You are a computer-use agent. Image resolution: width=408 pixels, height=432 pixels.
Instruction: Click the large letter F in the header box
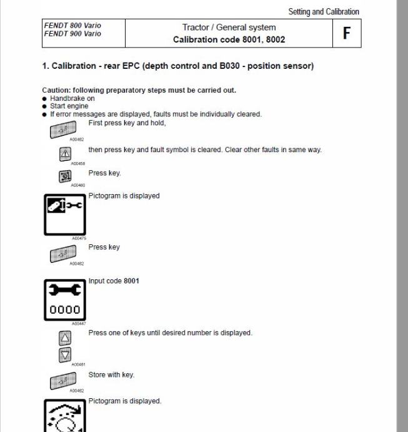pyautogui.click(x=346, y=33)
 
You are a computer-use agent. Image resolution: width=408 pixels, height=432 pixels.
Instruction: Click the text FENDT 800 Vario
pyautogui.click(x=72, y=26)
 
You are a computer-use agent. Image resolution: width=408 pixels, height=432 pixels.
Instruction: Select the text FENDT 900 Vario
pyautogui.click(x=72, y=34)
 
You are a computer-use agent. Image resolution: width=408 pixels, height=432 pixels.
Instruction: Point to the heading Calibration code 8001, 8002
pyautogui.click(x=229, y=39)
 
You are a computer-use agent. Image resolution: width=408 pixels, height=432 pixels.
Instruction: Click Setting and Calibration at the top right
pyautogui.click(x=324, y=11)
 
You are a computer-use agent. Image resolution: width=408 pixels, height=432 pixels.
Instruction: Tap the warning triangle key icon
pyautogui.click(x=65, y=154)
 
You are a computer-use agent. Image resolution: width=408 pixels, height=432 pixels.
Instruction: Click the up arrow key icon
pyautogui.click(x=65, y=339)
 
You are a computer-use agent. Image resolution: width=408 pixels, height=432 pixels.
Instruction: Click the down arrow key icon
pyautogui.click(x=65, y=355)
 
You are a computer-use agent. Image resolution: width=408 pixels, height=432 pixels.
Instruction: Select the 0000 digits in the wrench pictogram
pyautogui.click(x=65, y=309)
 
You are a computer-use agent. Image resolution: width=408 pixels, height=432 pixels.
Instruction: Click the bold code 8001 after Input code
pyautogui.click(x=131, y=280)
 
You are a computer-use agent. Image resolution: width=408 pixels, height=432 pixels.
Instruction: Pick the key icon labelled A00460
pyautogui.click(x=65, y=177)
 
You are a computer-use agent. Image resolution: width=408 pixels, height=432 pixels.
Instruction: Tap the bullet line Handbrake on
pyautogui.click(x=72, y=98)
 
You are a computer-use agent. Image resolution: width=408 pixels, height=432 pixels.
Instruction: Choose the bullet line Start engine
pyautogui.click(x=69, y=106)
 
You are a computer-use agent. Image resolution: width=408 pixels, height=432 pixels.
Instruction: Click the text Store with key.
pyautogui.click(x=111, y=375)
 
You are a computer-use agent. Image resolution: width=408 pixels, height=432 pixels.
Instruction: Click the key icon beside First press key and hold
pyautogui.click(x=63, y=130)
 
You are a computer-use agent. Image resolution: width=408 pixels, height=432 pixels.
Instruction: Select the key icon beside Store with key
pyautogui.click(x=63, y=380)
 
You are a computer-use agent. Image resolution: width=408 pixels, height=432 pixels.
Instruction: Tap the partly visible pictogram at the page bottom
pyautogui.click(x=65, y=416)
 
